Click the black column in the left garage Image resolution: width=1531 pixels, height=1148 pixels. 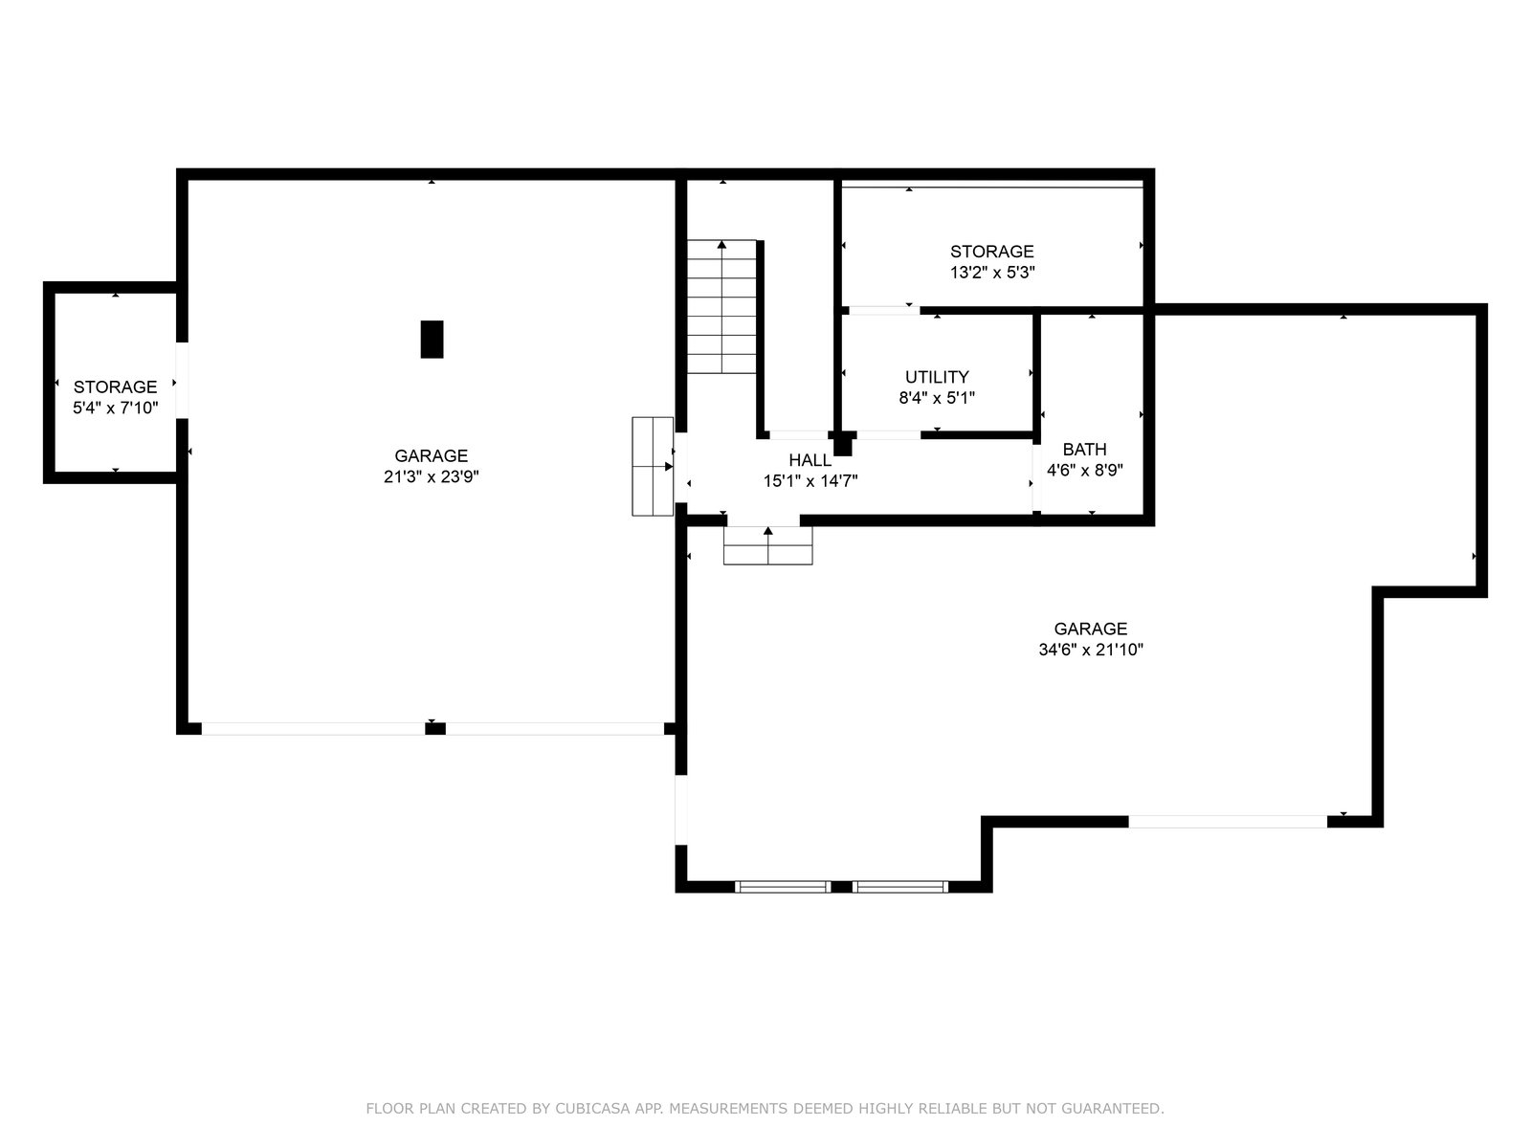[x=432, y=340]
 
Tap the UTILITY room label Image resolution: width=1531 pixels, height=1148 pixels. [x=937, y=377]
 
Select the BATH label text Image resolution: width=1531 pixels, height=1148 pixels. [x=1084, y=450]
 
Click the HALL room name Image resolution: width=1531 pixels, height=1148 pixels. [x=810, y=460]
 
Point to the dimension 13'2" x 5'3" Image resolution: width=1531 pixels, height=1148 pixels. [x=992, y=273]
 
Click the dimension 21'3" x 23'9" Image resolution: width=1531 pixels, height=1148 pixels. [x=431, y=476]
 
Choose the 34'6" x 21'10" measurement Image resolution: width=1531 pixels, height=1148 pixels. [x=1091, y=650]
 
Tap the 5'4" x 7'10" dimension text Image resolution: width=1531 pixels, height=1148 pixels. [x=116, y=408]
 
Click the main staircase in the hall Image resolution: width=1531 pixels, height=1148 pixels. [x=721, y=307]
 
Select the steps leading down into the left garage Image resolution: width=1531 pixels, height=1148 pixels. [x=653, y=466]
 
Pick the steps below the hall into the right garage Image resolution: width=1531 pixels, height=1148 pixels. [x=768, y=545]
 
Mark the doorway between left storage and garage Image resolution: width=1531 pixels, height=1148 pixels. [x=182, y=381]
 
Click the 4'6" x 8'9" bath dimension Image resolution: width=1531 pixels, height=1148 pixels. [x=1084, y=471]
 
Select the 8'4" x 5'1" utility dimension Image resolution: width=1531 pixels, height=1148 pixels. [x=937, y=398]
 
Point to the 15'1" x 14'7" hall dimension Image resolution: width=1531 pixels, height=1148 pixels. [x=810, y=481]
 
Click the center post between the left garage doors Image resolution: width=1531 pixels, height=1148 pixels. [x=435, y=729]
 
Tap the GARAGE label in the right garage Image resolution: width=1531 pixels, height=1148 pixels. [x=1091, y=629]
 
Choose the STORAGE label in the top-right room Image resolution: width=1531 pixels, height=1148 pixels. [x=992, y=252]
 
